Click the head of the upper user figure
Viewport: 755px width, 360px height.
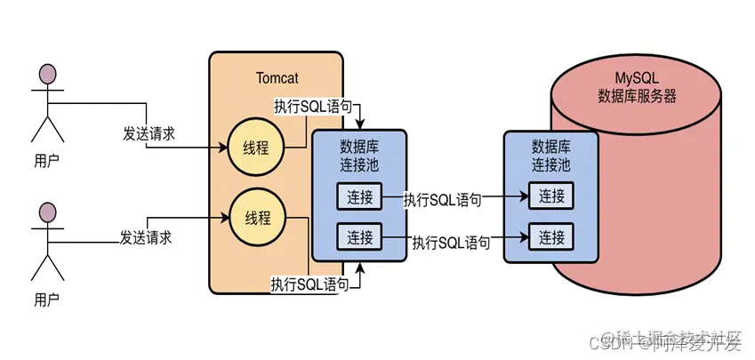click(47, 74)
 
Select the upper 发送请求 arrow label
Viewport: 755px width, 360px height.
click(149, 134)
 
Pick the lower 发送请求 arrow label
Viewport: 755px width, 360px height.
click(146, 238)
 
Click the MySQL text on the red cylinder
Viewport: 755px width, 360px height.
click(637, 77)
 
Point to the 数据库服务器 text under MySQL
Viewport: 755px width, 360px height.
click(637, 96)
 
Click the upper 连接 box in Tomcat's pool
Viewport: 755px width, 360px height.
click(359, 196)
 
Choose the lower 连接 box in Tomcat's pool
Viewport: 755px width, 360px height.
click(359, 237)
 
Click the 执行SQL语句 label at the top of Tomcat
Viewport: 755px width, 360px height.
click(312, 106)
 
